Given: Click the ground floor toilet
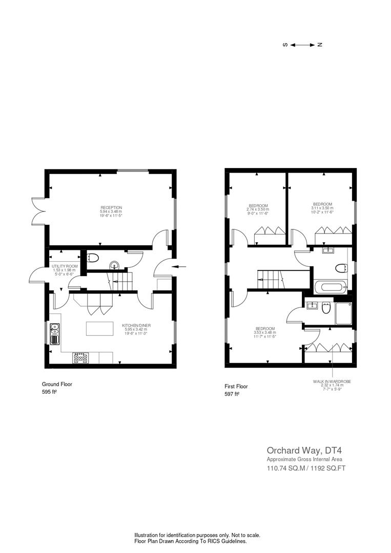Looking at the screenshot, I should pos(94,257).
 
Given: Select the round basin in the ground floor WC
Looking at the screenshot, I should pos(116,265).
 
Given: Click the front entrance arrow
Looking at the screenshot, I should pos(177,266).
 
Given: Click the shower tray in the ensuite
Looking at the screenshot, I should pos(343,313).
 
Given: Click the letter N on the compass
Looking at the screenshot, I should pos(320,45).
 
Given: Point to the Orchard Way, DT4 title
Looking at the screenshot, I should pos(297,451).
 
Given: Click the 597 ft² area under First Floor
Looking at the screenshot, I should pos(232,394).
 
